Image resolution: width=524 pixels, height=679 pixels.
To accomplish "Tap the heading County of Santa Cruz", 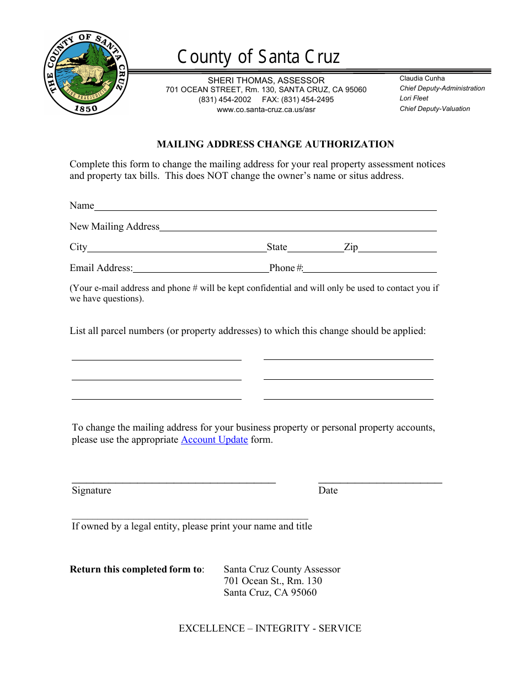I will [x=258, y=57].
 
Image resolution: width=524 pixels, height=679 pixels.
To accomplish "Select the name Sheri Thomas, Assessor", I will [x=266, y=81].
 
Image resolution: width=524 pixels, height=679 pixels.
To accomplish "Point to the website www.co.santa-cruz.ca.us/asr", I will [x=266, y=110].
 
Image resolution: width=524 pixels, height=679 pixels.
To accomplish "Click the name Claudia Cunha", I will [x=422, y=78].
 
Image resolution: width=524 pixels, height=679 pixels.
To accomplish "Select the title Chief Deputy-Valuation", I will [x=435, y=109].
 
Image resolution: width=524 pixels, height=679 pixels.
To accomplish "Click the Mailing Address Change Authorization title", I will [x=275, y=145].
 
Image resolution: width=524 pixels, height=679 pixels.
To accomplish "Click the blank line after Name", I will [x=265, y=207].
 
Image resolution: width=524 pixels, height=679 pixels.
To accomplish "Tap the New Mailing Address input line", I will [x=298, y=227].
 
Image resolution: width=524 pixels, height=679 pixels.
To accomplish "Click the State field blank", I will [x=315, y=248].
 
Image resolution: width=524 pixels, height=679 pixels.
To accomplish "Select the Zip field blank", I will [x=397, y=248].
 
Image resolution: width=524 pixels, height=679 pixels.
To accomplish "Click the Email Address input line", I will [x=201, y=269].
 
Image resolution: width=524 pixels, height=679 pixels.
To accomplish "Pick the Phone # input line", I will [x=370, y=269].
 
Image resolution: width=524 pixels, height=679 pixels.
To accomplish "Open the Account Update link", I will [x=214, y=440].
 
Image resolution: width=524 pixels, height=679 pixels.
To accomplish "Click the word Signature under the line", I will [x=92, y=491].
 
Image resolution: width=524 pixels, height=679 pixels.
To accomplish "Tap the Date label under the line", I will [x=328, y=491].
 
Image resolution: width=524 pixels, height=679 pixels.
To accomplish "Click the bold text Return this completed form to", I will [x=136, y=569].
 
